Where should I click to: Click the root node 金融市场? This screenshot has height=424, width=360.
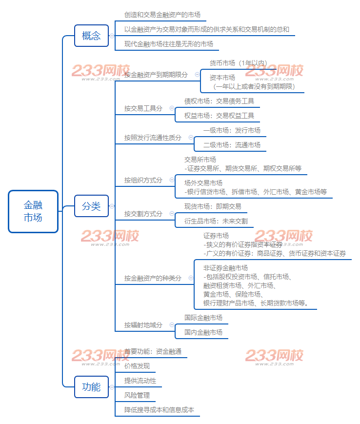point(33,211)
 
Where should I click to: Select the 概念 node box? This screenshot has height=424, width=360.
point(91,36)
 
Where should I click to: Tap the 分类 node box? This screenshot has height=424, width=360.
point(91,206)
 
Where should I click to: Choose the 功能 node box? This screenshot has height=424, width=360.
point(91,387)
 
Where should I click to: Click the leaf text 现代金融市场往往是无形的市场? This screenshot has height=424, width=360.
point(168,44)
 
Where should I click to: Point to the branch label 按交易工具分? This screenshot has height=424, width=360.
point(143,108)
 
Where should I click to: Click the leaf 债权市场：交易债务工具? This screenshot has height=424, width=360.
point(219,101)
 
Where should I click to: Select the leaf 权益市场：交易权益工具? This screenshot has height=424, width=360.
point(219,116)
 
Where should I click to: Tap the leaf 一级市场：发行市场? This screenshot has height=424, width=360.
point(232,130)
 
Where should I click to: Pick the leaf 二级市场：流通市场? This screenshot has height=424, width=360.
point(232,145)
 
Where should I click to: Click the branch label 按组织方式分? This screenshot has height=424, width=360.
point(143,180)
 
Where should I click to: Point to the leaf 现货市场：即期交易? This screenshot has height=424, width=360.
point(213,206)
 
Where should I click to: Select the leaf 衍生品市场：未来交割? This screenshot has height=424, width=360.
point(216,221)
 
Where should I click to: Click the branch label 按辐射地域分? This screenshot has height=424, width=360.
point(143,325)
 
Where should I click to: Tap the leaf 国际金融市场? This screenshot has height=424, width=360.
point(203,318)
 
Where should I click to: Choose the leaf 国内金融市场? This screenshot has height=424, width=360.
point(203,332)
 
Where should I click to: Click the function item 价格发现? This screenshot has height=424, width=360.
point(137,366)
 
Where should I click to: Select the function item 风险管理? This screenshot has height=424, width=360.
point(137,395)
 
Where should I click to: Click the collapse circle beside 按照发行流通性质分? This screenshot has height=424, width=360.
point(191,138)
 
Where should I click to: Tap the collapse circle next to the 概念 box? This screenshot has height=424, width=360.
point(112,36)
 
